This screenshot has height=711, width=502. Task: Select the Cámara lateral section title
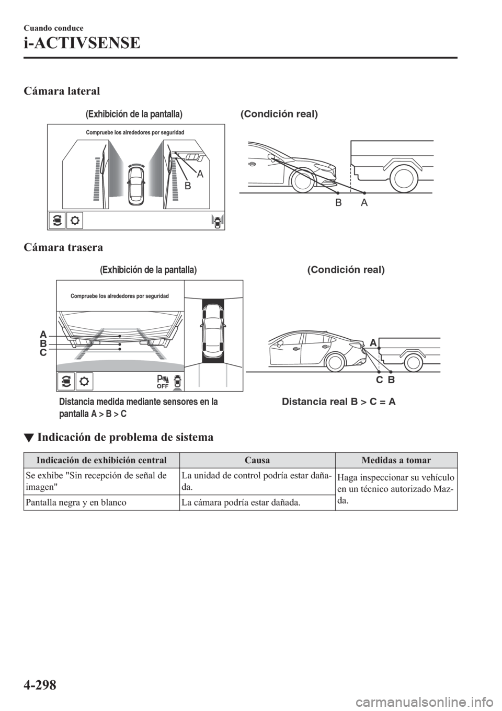(62, 91)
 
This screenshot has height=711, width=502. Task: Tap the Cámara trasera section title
(63, 246)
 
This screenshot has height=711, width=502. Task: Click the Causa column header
(257, 461)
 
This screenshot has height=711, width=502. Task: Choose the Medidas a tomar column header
(396, 461)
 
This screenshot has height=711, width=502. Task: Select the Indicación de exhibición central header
(101, 461)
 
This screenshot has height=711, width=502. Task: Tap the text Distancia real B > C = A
(338, 402)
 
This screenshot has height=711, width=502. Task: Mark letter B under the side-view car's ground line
(338, 203)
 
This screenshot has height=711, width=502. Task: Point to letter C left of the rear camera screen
(43, 353)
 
